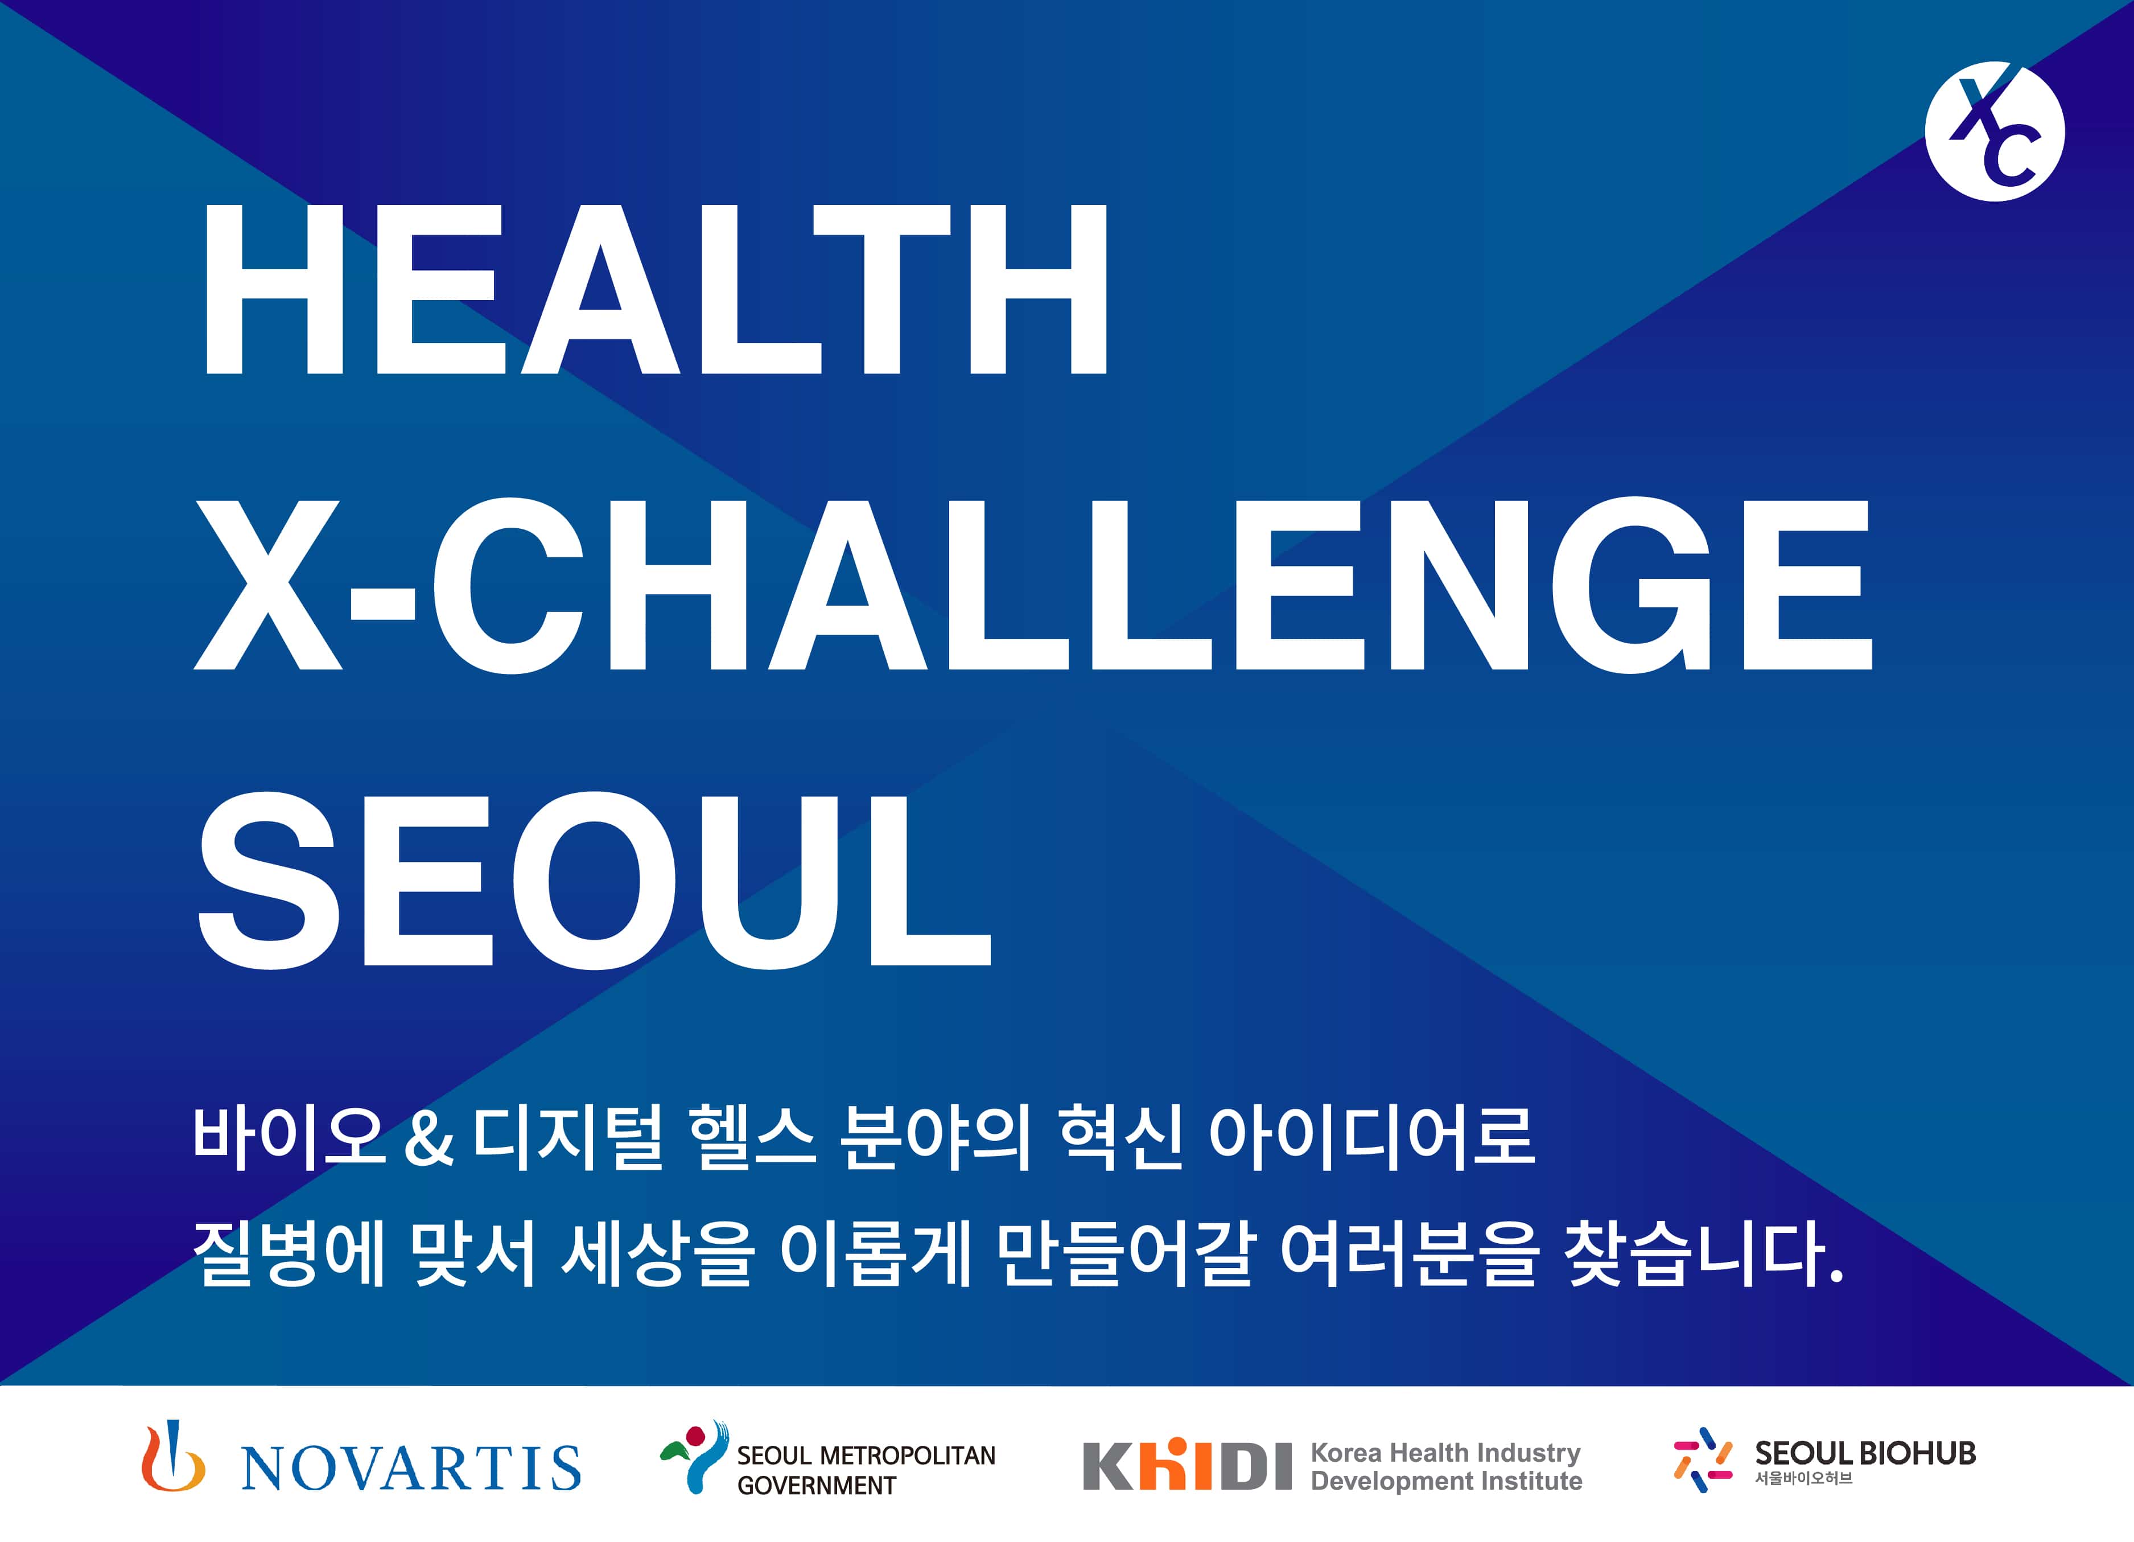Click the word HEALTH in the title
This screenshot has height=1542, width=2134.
656,290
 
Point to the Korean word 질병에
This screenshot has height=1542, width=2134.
289,1253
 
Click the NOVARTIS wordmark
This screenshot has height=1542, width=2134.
411,1467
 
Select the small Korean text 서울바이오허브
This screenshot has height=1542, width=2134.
1803,1478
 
